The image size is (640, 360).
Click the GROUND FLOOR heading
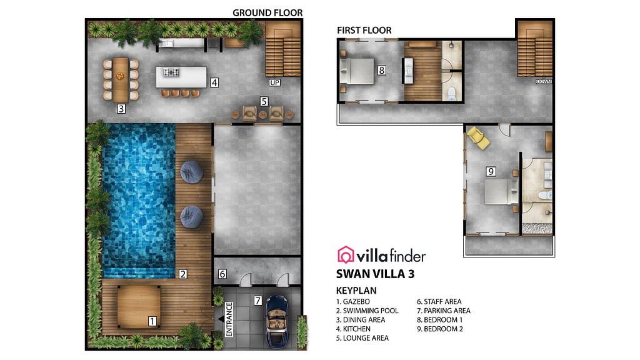pyautogui.click(x=267, y=12)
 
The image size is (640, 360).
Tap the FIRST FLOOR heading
pyautogui.click(x=364, y=30)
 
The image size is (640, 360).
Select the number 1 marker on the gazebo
pyautogui.click(x=152, y=321)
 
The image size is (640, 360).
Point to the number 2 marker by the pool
pyautogui.click(x=182, y=274)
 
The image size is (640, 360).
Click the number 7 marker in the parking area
pyautogui.click(x=257, y=301)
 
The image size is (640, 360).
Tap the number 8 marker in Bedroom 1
pyautogui.click(x=382, y=71)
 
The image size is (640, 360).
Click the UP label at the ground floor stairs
pyautogui.click(x=274, y=82)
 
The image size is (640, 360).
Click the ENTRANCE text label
pyautogui.click(x=229, y=319)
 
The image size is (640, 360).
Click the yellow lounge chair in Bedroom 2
pyautogui.click(x=479, y=138)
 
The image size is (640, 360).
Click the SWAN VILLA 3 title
pyautogui.click(x=375, y=274)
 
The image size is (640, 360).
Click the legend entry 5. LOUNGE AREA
pyautogui.click(x=362, y=338)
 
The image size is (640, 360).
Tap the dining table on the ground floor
pyautogui.click(x=121, y=79)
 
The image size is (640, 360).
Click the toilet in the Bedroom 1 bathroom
pyautogui.click(x=452, y=93)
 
